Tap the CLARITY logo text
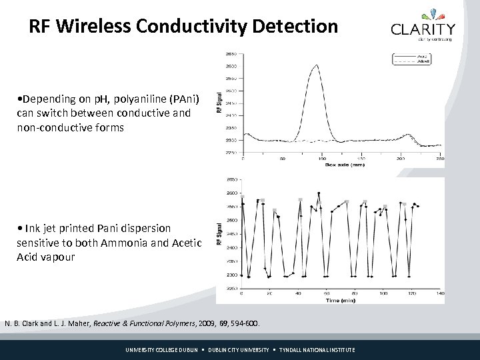(x=423, y=29)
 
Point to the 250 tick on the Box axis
(x=438, y=159)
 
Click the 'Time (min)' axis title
(x=340, y=300)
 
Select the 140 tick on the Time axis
(x=440, y=294)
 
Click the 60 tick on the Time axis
(x=327, y=294)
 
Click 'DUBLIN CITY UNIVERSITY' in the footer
(x=239, y=350)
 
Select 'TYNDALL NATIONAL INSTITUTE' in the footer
(x=317, y=350)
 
